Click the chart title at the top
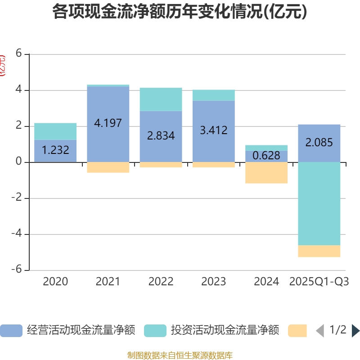click(180, 12)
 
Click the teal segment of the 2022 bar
click(161, 99)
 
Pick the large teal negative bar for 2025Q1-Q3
click(319, 203)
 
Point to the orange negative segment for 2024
click(266, 173)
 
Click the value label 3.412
click(213, 130)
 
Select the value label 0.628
click(266, 156)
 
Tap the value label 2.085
click(319, 143)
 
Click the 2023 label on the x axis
click(213, 282)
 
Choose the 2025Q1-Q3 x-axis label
click(319, 282)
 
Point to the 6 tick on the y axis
click(18, 54)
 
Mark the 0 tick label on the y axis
click(18, 162)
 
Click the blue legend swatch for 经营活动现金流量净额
click(11, 331)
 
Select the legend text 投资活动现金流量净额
click(225, 331)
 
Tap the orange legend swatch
click(297, 331)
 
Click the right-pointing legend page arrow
click(355, 331)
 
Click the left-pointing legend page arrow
click(320, 331)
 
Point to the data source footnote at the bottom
click(180, 355)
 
